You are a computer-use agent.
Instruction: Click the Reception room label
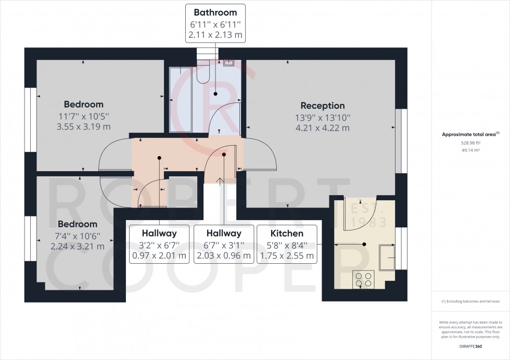(323, 106)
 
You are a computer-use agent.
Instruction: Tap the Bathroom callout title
(215, 12)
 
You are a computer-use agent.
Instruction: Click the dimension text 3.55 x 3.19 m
(84, 126)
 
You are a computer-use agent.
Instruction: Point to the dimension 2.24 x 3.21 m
(78, 247)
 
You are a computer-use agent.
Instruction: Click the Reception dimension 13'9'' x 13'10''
(323, 118)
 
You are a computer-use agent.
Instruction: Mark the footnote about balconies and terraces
(470, 302)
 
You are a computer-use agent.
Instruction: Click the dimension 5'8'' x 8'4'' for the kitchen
(287, 245)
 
